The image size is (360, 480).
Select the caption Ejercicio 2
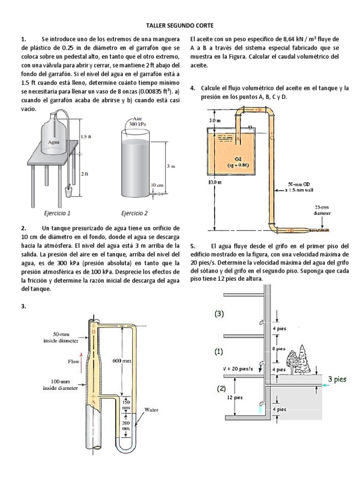pos(134,213)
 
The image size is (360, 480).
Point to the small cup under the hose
pos(68,191)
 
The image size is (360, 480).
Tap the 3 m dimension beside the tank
pos(171,166)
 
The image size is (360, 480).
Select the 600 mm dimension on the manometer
pos(122,361)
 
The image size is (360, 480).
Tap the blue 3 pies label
pos(337,379)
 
